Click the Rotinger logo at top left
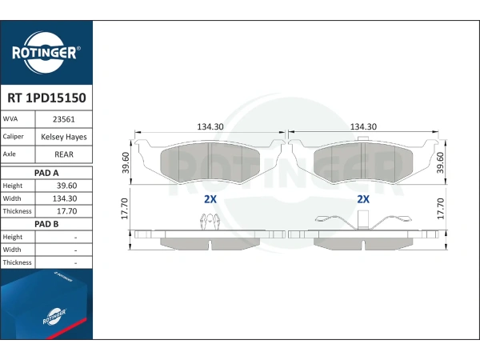(46, 53)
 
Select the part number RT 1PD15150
(46, 98)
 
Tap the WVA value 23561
(64, 119)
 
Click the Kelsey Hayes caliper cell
(64, 137)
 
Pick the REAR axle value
(64, 154)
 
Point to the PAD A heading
(46, 173)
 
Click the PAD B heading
(46, 224)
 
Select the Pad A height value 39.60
(66, 186)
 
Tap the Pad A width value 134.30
(65, 198)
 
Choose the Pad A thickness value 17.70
(66, 211)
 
